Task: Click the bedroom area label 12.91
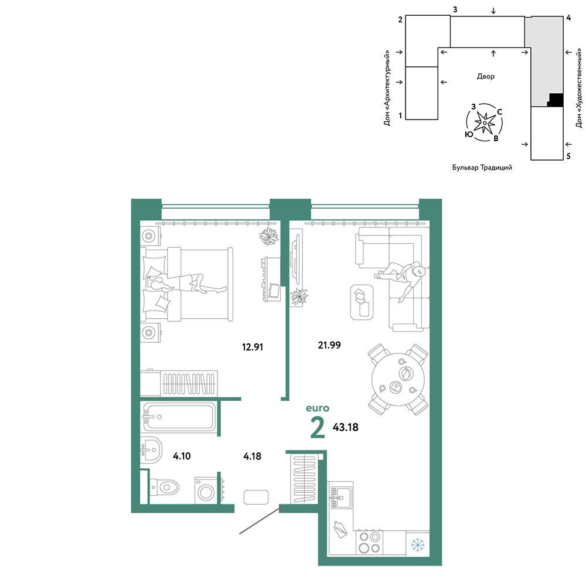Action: pos(252,347)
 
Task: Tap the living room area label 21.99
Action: pos(329,345)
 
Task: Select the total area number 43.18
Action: pos(345,427)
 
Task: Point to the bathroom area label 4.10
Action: pos(182,456)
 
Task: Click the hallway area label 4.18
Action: pos(252,456)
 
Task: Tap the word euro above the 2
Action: pos(318,408)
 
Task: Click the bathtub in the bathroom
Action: pos(179,417)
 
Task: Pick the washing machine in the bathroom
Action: pos(205,490)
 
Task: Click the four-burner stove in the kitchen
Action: pos(369,542)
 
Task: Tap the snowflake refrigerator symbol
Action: pos(417,544)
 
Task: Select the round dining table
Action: pos(398,379)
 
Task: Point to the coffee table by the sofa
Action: pos(362,302)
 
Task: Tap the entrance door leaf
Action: pos(260,520)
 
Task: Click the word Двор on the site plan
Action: pos(485,76)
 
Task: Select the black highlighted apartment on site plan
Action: pos(556,100)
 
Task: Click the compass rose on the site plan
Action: pos(485,122)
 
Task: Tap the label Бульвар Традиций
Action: pos(482,168)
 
